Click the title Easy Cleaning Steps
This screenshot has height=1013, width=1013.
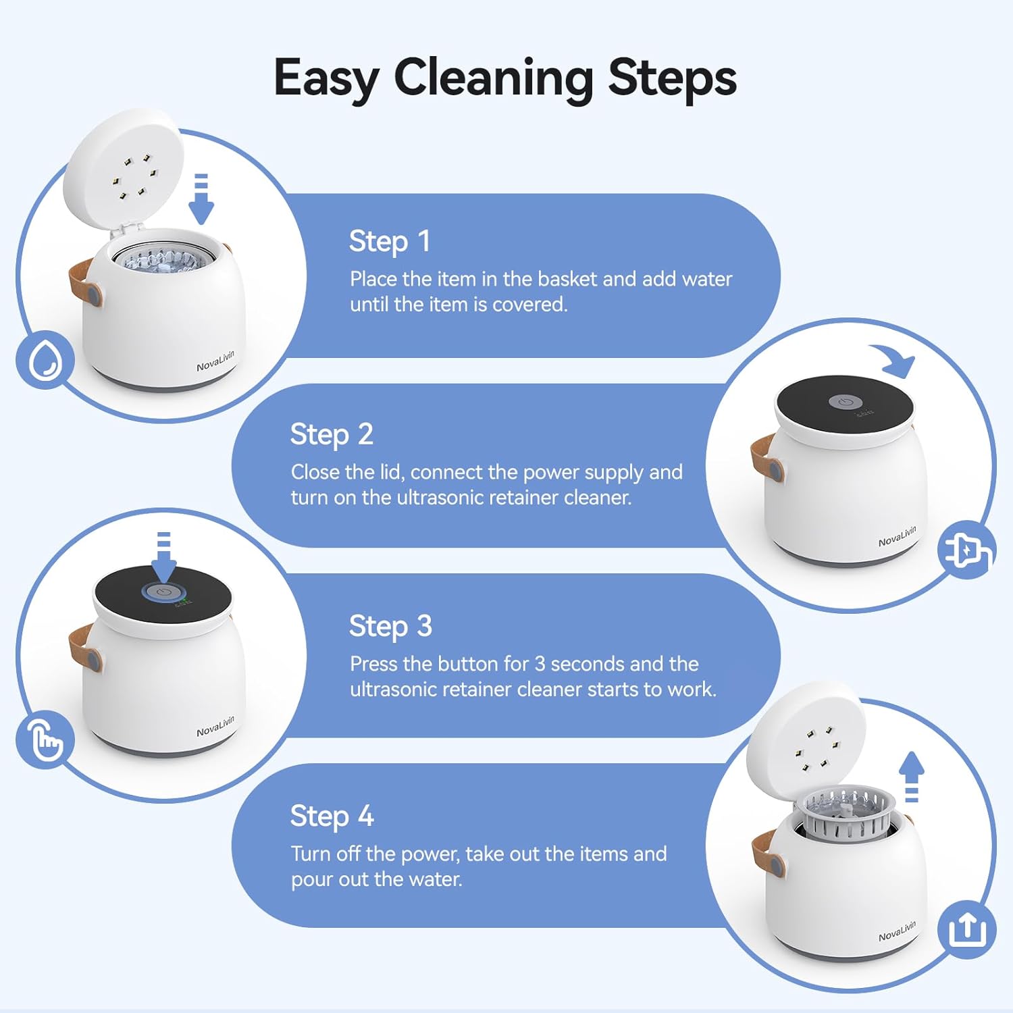[x=504, y=78]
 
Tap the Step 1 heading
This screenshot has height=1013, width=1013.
[x=389, y=242]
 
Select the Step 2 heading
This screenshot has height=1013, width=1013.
[x=331, y=435]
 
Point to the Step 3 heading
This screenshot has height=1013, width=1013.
[x=390, y=627]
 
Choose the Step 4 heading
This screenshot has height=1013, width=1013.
[x=332, y=816]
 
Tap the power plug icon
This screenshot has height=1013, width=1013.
[x=966, y=550]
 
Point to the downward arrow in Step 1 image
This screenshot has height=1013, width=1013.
[x=201, y=199]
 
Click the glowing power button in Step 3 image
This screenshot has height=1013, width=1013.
[x=163, y=592]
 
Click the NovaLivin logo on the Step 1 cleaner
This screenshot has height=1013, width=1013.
[x=215, y=361]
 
